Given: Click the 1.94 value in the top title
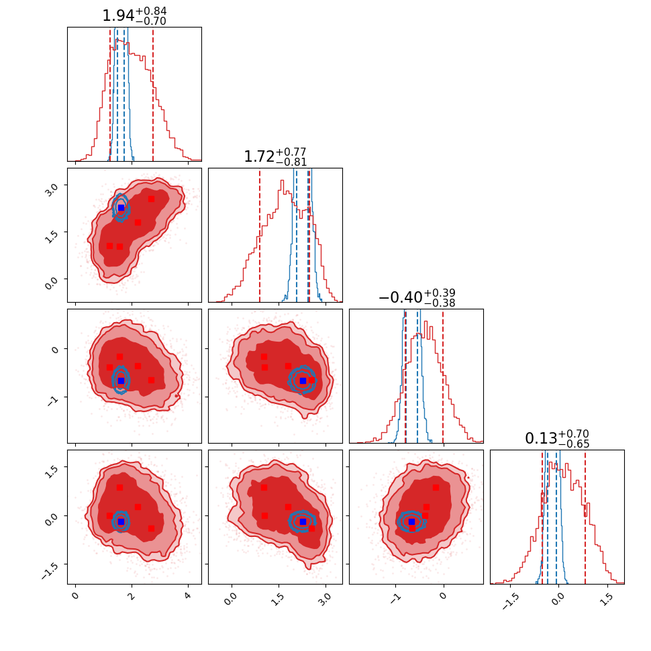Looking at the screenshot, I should pos(118,16).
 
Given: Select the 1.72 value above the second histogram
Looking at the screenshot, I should pos(259,157).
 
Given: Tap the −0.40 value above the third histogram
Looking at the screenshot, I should pos(400,298).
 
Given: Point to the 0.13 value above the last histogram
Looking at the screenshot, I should pos(540,439).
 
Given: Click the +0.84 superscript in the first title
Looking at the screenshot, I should pos(152,11).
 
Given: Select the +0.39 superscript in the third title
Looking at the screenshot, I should pos(440,293).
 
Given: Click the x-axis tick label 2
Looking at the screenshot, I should pos(132,596).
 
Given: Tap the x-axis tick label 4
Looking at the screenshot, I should pos(188,596).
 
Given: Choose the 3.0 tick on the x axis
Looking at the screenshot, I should pos(324,598).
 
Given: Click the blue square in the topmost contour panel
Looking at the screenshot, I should pos(121,207).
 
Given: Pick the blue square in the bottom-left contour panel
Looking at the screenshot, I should pos(121,521).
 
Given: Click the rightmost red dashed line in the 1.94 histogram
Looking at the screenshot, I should pos(153,94).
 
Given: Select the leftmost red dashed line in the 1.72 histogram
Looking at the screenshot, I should pos(260,235).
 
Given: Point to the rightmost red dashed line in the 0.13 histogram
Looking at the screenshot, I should pos(585,517).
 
